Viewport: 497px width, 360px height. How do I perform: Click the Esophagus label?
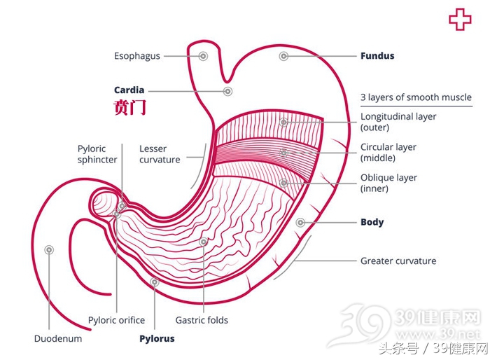pyautogui.click(x=137, y=56)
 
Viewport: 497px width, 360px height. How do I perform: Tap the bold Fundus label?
pyautogui.click(x=377, y=56)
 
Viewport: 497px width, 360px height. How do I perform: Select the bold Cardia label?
pyautogui.click(x=129, y=90)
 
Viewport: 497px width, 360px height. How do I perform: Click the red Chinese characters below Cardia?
pyautogui.click(x=129, y=109)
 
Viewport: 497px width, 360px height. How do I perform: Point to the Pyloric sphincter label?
pyautogui.click(x=97, y=154)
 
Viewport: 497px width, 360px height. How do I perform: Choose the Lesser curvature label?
pyautogui.click(x=160, y=154)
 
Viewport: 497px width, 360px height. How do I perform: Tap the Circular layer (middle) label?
pyautogui.click(x=388, y=153)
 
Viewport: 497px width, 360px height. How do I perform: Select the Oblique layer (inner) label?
pyautogui.click(x=388, y=183)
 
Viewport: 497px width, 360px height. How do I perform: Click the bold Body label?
pyautogui.click(x=372, y=222)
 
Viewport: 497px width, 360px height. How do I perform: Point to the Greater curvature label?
pyautogui.click(x=398, y=261)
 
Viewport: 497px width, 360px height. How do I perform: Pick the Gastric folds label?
pyautogui.click(x=202, y=320)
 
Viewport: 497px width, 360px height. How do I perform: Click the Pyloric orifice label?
pyautogui.click(x=116, y=320)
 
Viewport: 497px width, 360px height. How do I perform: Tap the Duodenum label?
pyautogui.click(x=58, y=338)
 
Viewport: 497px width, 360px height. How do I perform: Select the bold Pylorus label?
pyautogui.click(x=157, y=338)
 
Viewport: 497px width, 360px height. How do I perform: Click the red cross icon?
pyautogui.click(x=460, y=20)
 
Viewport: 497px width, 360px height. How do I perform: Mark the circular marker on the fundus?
pyautogui.click(x=283, y=56)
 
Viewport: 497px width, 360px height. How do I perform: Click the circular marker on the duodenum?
pyautogui.click(x=49, y=250)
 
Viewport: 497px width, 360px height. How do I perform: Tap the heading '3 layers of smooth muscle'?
pyautogui.click(x=416, y=97)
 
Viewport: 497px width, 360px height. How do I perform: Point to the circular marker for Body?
pyautogui.click(x=300, y=223)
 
